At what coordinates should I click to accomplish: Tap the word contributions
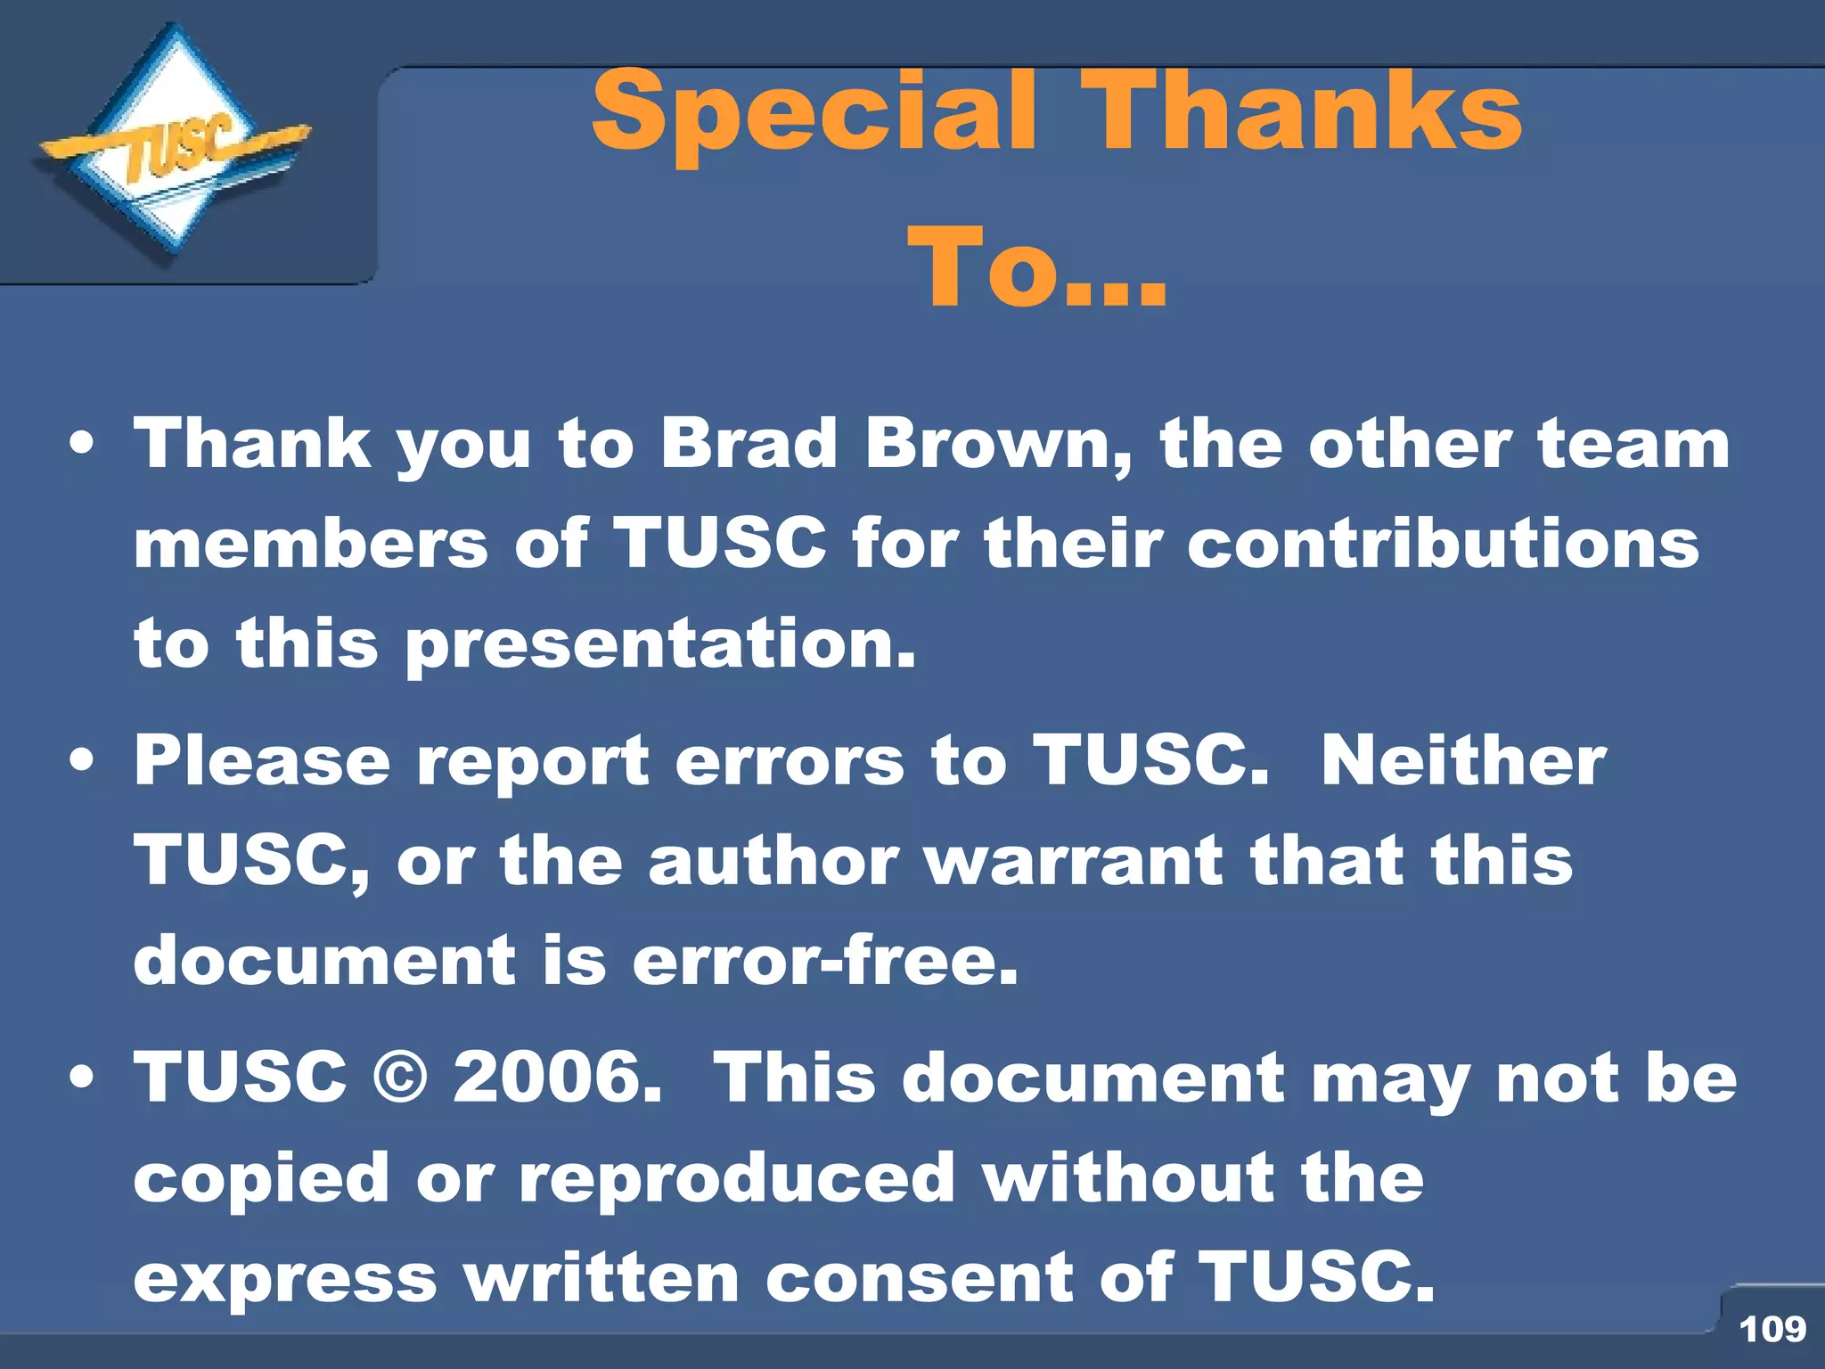[1443, 543]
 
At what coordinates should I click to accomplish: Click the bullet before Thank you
[82, 445]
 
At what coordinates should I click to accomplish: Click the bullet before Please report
[82, 761]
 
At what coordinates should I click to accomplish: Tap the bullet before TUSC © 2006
[82, 1078]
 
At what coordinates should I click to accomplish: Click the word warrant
[1073, 861]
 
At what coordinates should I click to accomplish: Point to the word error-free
[824, 961]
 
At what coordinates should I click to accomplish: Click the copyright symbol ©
[400, 1078]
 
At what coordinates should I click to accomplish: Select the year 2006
[557, 1078]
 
